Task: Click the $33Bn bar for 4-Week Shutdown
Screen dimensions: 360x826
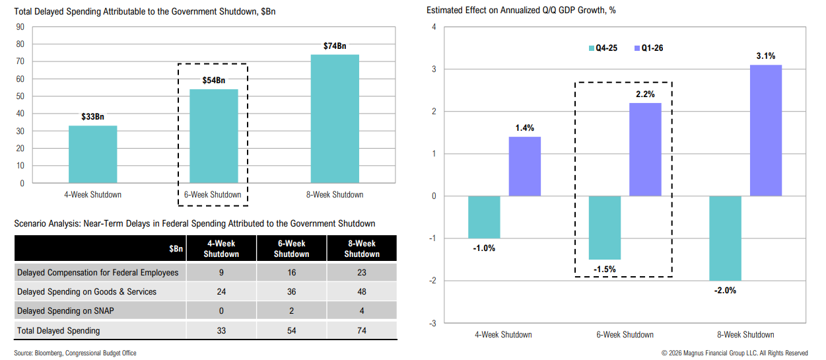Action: (x=92, y=154)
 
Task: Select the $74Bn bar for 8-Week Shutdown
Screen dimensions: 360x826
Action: (x=335, y=118)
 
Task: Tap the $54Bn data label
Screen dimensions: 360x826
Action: (x=214, y=81)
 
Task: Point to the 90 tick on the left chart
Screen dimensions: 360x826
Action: (x=20, y=27)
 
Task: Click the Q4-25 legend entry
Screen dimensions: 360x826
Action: (x=603, y=48)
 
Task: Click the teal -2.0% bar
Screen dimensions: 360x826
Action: (x=725, y=238)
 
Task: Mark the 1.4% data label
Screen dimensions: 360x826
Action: (x=524, y=127)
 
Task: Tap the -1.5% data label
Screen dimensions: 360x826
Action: (x=605, y=270)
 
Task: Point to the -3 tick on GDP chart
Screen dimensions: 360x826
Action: (x=433, y=323)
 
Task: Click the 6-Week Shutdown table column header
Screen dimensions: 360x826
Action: (x=291, y=248)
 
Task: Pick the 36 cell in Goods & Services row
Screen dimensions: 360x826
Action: (x=291, y=291)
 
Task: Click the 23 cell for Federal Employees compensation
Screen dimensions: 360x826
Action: (x=362, y=272)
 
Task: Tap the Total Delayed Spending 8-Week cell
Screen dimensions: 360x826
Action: (x=362, y=330)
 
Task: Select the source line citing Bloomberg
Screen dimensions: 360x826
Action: (x=75, y=353)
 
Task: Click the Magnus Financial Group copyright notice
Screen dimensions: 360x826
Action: (x=734, y=353)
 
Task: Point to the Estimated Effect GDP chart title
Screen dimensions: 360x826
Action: (x=521, y=10)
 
